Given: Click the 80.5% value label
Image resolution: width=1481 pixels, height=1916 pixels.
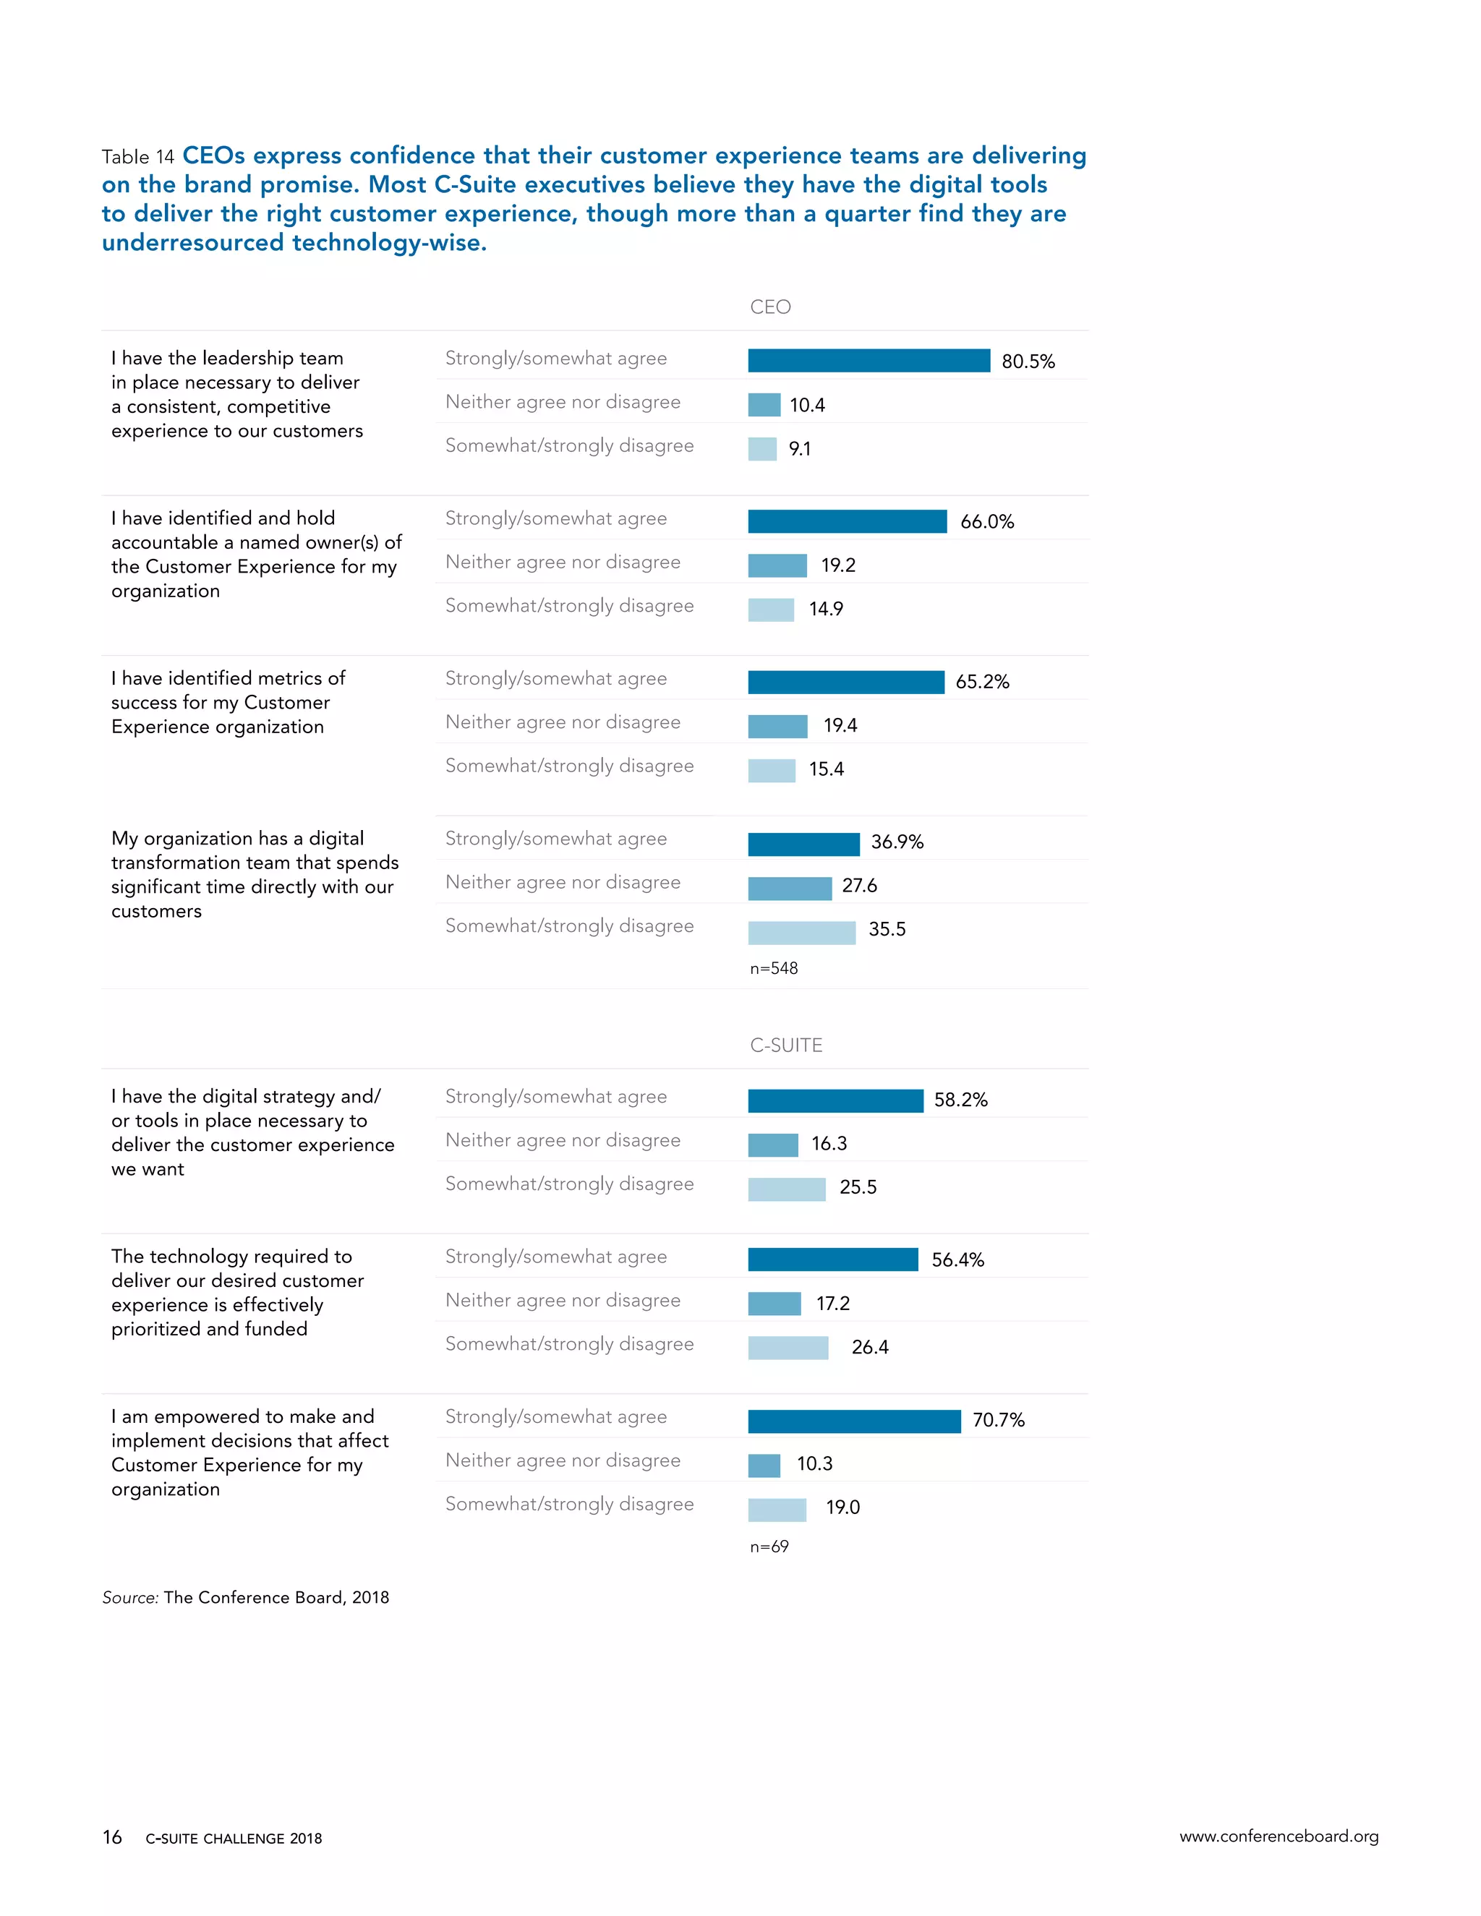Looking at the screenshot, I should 1028,362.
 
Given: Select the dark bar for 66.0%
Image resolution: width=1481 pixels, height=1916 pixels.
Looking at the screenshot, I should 847,521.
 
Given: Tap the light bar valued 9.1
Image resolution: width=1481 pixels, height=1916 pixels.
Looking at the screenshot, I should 761,449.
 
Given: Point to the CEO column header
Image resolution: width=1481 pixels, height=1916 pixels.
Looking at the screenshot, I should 770,307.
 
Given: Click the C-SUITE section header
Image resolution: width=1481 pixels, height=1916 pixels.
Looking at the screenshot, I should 786,1045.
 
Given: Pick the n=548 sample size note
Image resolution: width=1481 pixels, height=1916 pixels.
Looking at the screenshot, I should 774,969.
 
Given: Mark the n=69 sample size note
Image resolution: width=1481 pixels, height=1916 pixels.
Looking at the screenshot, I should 769,1547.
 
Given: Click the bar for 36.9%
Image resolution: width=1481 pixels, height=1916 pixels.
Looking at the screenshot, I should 803,844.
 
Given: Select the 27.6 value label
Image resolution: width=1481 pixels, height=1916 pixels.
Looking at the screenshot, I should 859,885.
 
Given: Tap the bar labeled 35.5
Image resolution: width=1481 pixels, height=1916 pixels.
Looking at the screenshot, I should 801,933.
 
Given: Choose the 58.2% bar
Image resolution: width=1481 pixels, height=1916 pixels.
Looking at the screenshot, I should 835,1100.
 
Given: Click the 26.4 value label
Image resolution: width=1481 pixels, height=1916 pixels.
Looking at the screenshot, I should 869,1347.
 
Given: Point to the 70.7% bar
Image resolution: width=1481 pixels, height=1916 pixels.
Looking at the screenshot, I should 854,1421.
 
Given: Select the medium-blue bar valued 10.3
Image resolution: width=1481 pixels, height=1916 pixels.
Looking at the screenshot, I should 764,1465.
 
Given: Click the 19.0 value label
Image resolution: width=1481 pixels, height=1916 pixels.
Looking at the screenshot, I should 842,1507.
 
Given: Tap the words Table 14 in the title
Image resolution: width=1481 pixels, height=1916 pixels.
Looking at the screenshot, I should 137,157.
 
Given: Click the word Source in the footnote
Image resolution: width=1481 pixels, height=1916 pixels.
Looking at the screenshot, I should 129,1598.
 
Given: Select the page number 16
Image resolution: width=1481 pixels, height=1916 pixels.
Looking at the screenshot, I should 112,1837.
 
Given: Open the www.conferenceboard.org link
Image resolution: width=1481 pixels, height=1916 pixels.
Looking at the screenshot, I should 1279,1836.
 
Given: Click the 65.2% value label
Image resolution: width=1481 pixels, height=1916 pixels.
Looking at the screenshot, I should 982,682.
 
